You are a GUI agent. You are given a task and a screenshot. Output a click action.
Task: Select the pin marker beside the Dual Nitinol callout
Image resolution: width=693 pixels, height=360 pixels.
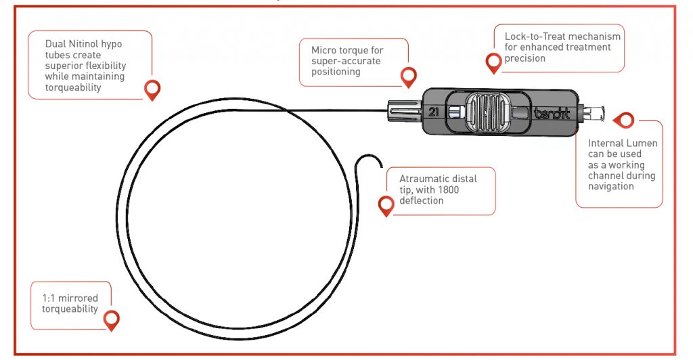(153, 89)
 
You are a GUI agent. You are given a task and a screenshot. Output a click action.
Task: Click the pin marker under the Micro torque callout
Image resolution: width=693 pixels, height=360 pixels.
(409, 76)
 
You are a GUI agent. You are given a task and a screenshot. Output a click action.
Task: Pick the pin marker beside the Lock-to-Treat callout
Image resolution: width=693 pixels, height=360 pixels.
(494, 63)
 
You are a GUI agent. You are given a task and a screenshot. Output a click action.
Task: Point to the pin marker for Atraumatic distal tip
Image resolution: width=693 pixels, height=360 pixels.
(386, 205)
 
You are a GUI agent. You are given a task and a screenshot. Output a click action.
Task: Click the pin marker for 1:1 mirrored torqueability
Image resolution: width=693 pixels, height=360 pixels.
(112, 319)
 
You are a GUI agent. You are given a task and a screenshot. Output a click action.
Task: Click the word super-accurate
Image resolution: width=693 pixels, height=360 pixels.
(345, 61)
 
